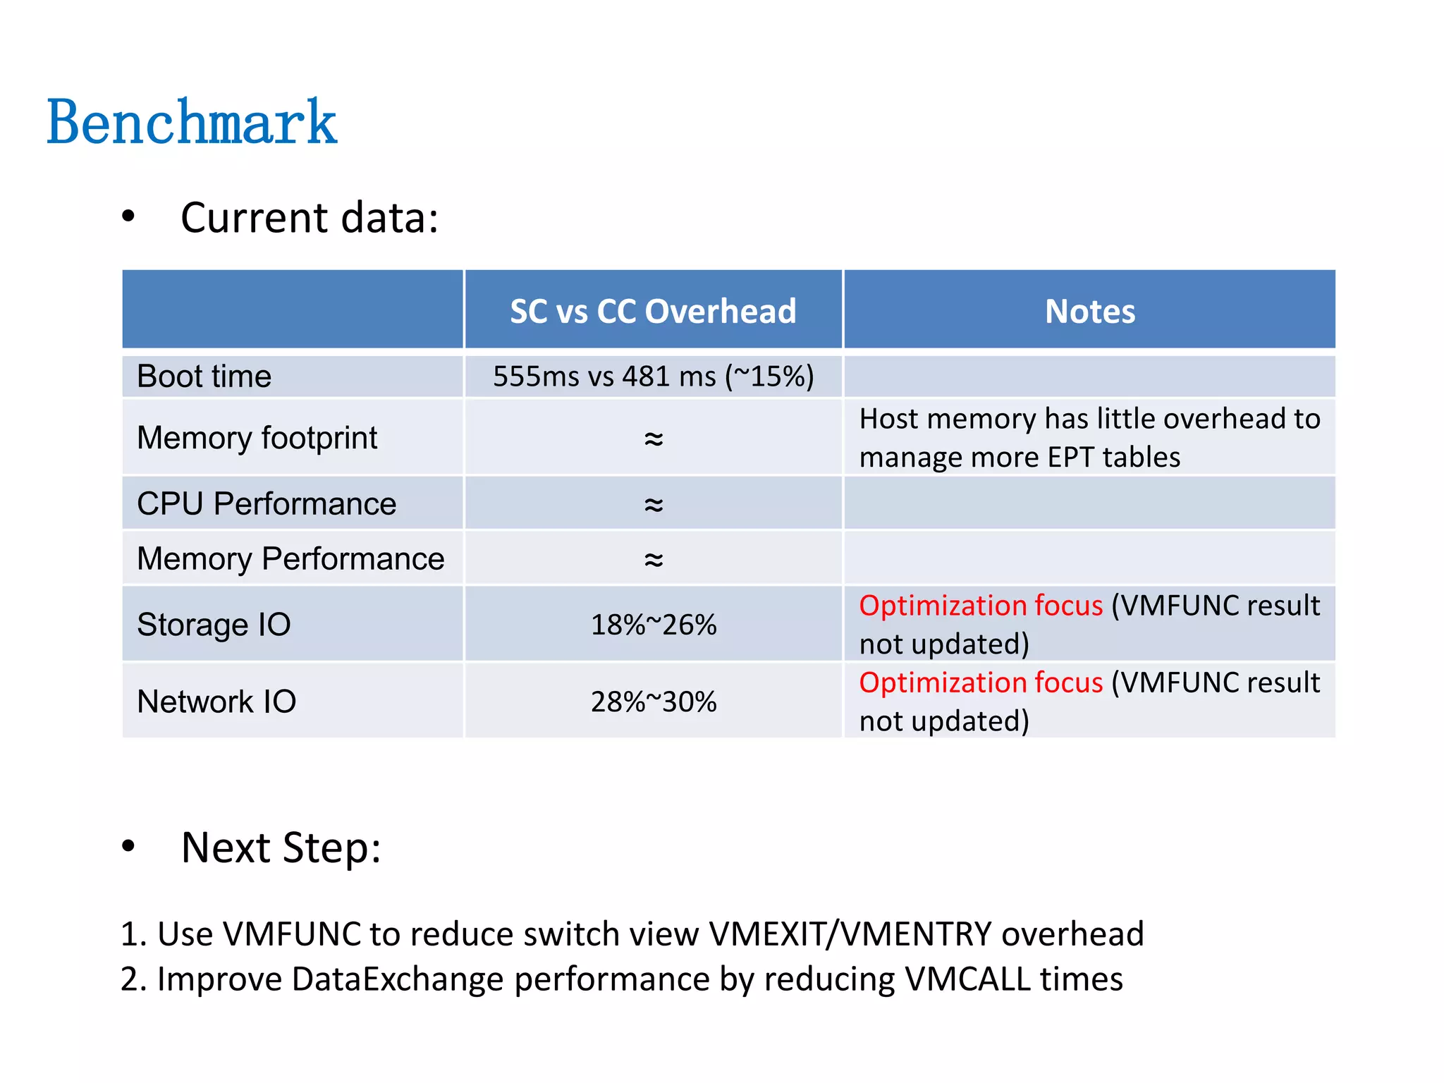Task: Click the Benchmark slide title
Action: tap(192, 123)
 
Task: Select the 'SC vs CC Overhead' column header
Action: tap(653, 311)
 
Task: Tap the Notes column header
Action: tap(1089, 311)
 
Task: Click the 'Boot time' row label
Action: tap(204, 377)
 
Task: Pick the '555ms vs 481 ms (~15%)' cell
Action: tap(653, 377)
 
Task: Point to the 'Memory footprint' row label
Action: tap(257, 438)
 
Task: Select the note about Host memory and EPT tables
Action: tap(1089, 438)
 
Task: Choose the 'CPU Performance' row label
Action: tap(267, 503)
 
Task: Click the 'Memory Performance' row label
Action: tap(290, 558)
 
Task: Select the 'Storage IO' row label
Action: tap(214, 625)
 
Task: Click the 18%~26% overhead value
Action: tap(654, 625)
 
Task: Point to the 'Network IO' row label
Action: tap(216, 702)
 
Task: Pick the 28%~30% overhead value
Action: tap(654, 702)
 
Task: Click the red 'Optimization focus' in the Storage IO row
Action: tap(981, 606)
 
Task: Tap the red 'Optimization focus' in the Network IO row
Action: tap(981, 683)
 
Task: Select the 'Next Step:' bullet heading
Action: tap(281, 847)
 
